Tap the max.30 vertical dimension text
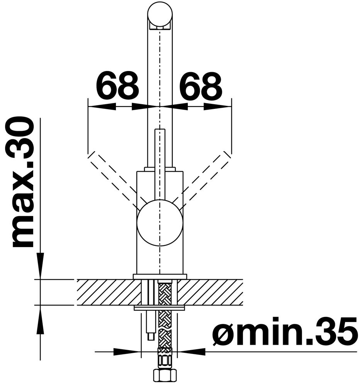pos(23,182)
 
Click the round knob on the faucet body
pos(160,223)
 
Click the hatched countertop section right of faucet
pos(211,292)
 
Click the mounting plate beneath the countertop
pos(159,308)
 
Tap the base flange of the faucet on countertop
pos(160,276)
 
